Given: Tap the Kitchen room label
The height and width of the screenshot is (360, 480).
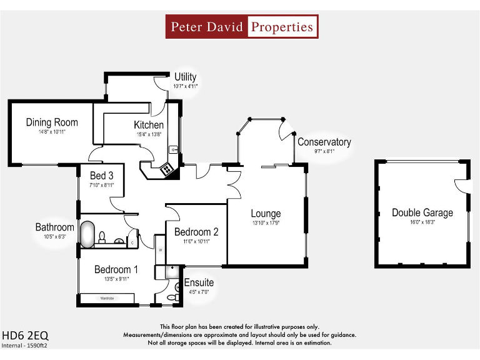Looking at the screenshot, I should [149, 125].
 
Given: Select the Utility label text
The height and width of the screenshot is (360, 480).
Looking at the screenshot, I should [185, 77].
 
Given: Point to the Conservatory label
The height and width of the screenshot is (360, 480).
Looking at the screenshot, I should [324, 142].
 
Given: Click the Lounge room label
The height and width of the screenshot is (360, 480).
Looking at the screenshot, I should [266, 214].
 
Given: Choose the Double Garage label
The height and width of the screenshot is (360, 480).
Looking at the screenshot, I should [422, 212].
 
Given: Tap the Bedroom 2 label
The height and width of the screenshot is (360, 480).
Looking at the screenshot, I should [196, 232].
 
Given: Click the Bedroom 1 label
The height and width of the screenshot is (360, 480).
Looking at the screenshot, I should [116, 269].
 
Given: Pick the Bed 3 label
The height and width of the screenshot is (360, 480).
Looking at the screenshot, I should [101, 176].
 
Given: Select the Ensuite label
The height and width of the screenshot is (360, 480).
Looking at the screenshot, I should [199, 282].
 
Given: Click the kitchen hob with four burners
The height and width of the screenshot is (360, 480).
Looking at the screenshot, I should [167, 168].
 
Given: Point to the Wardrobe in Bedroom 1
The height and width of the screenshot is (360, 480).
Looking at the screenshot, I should [107, 299].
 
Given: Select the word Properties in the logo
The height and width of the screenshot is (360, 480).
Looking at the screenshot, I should [281, 27].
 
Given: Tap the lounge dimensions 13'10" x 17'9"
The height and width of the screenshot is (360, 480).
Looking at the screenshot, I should [266, 223].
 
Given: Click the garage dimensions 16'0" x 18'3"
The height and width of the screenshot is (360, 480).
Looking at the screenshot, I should [422, 222].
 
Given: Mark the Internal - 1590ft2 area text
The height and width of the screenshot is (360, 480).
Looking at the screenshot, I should [25, 345].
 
